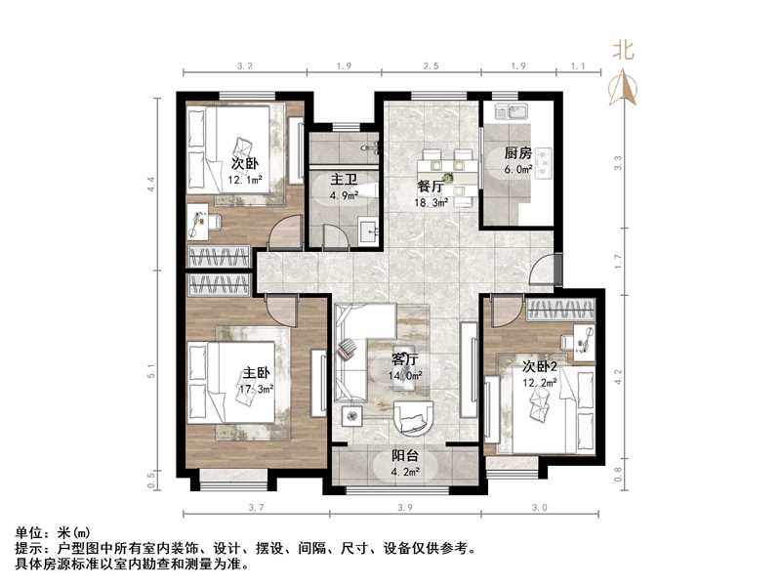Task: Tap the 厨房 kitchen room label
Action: tap(518, 153)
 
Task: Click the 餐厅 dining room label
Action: tap(432, 188)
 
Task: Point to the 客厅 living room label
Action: tap(405, 359)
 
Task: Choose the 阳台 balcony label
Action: tap(405, 456)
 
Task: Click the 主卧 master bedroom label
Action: tap(258, 372)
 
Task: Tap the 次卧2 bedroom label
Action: tap(540, 366)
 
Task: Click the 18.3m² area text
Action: tap(432, 203)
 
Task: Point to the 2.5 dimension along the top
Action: tap(431, 66)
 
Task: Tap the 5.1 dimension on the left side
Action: tap(151, 371)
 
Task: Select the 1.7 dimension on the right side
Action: tap(617, 261)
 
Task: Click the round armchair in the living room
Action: tap(417, 418)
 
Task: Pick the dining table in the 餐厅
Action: tap(446, 167)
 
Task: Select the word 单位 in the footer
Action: tap(30, 533)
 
